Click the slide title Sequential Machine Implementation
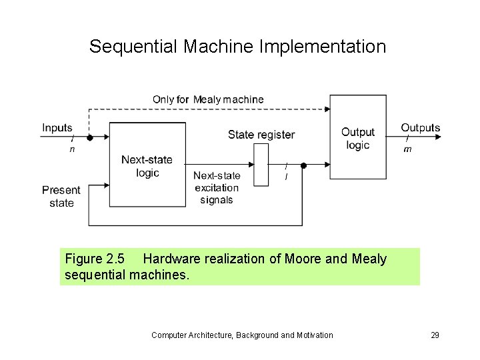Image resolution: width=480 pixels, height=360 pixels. pyautogui.click(x=237, y=47)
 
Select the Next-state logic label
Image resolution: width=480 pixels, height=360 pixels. pyautogui.click(x=147, y=166)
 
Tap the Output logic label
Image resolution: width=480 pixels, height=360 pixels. pyautogui.click(x=358, y=139)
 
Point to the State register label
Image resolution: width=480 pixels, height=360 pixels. pyautogui.click(x=261, y=135)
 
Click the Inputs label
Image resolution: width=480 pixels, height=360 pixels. pyautogui.click(x=57, y=127)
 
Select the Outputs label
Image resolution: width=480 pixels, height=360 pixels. pyautogui.click(x=420, y=127)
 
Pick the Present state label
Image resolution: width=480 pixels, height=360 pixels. pyautogui.click(x=61, y=196)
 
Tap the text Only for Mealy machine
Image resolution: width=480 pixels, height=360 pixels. pyautogui.click(x=208, y=99)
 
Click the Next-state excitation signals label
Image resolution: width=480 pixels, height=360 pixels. pyautogui.click(x=216, y=187)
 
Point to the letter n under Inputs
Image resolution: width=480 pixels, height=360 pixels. pyautogui.click(x=72, y=149)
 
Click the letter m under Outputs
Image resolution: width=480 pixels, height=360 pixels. pyautogui.click(x=407, y=149)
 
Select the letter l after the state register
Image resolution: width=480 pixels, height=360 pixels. pyautogui.click(x=286, y=177)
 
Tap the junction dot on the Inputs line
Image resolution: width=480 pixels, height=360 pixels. pyautogui.click(x=89, y=138)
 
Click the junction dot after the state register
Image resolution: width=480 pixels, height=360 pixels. pyautogui.click(x=303, y=165)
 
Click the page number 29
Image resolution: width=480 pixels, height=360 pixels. pyautogui.click(x=435, y=335)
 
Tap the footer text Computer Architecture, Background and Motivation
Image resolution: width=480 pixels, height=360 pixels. pyautogui.click(x=242, y=335)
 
